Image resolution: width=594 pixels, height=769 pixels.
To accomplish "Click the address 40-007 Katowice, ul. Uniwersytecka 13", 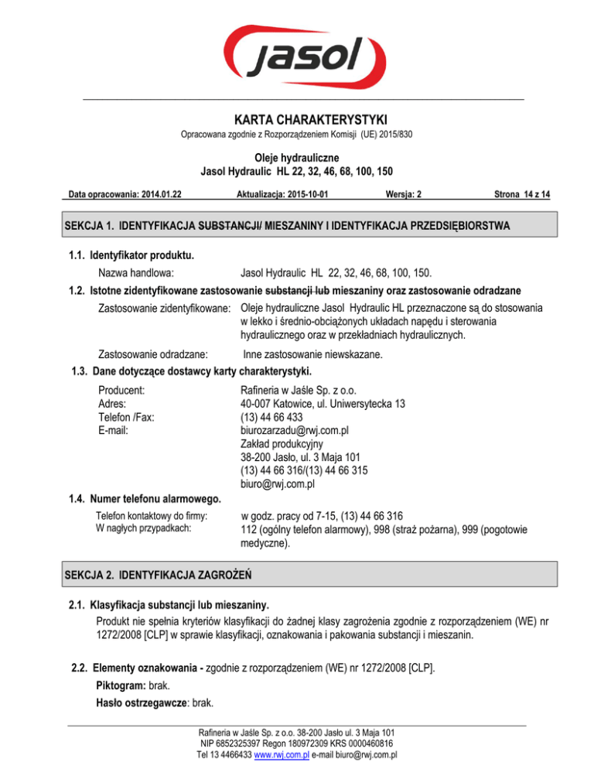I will (x=323, y=403).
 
